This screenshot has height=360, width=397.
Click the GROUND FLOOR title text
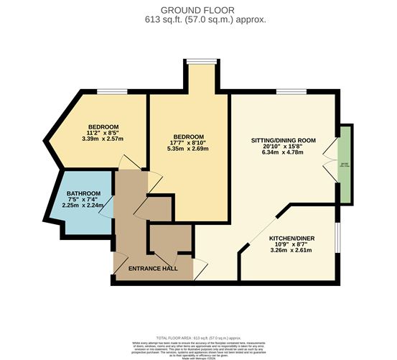pos(197,10)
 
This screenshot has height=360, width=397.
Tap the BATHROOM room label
pos(84,194)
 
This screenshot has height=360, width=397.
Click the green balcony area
pos(345,164)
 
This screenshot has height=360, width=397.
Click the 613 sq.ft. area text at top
pos(197,20)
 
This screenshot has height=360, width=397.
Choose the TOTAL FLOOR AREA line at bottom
pos(197,336)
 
